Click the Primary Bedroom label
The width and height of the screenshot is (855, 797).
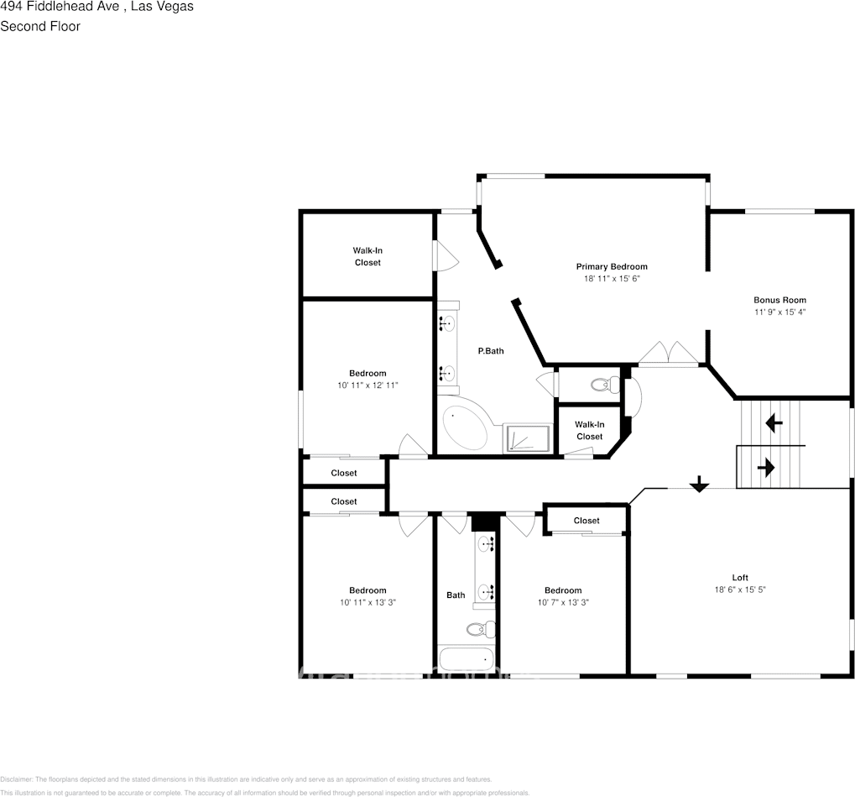[x=611, y=266]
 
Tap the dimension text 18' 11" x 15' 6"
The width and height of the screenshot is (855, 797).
[x=611, y=279]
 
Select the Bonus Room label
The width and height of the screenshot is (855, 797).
[x=779, y=300]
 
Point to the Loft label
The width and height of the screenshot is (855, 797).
[x=739, y=577]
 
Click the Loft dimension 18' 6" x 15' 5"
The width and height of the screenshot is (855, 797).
[x=739, y=590]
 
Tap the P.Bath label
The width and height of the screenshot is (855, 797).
[x=491, y=351]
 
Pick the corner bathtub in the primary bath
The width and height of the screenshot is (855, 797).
[x=467, y=428]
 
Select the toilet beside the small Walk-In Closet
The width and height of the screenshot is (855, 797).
[x=604, y=385]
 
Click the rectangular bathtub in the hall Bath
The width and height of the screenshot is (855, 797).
[x=465, y=660]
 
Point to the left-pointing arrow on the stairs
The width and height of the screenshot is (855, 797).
[x=774, y=423]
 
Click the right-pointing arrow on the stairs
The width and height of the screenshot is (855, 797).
[x=766, y=468]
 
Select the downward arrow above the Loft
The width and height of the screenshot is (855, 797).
[x=698, y=484]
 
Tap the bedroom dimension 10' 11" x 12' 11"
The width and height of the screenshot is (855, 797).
[x=368, y=385]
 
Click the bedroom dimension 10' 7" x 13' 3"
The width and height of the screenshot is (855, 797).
[x=562, y=602]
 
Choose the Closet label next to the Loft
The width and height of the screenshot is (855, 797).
[x=587, y=521]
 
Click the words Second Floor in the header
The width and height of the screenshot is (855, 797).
[x=40, y=26]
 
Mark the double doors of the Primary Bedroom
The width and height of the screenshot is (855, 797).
[x=669, y=354]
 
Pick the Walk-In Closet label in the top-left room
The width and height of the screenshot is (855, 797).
[x=367, y=256]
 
